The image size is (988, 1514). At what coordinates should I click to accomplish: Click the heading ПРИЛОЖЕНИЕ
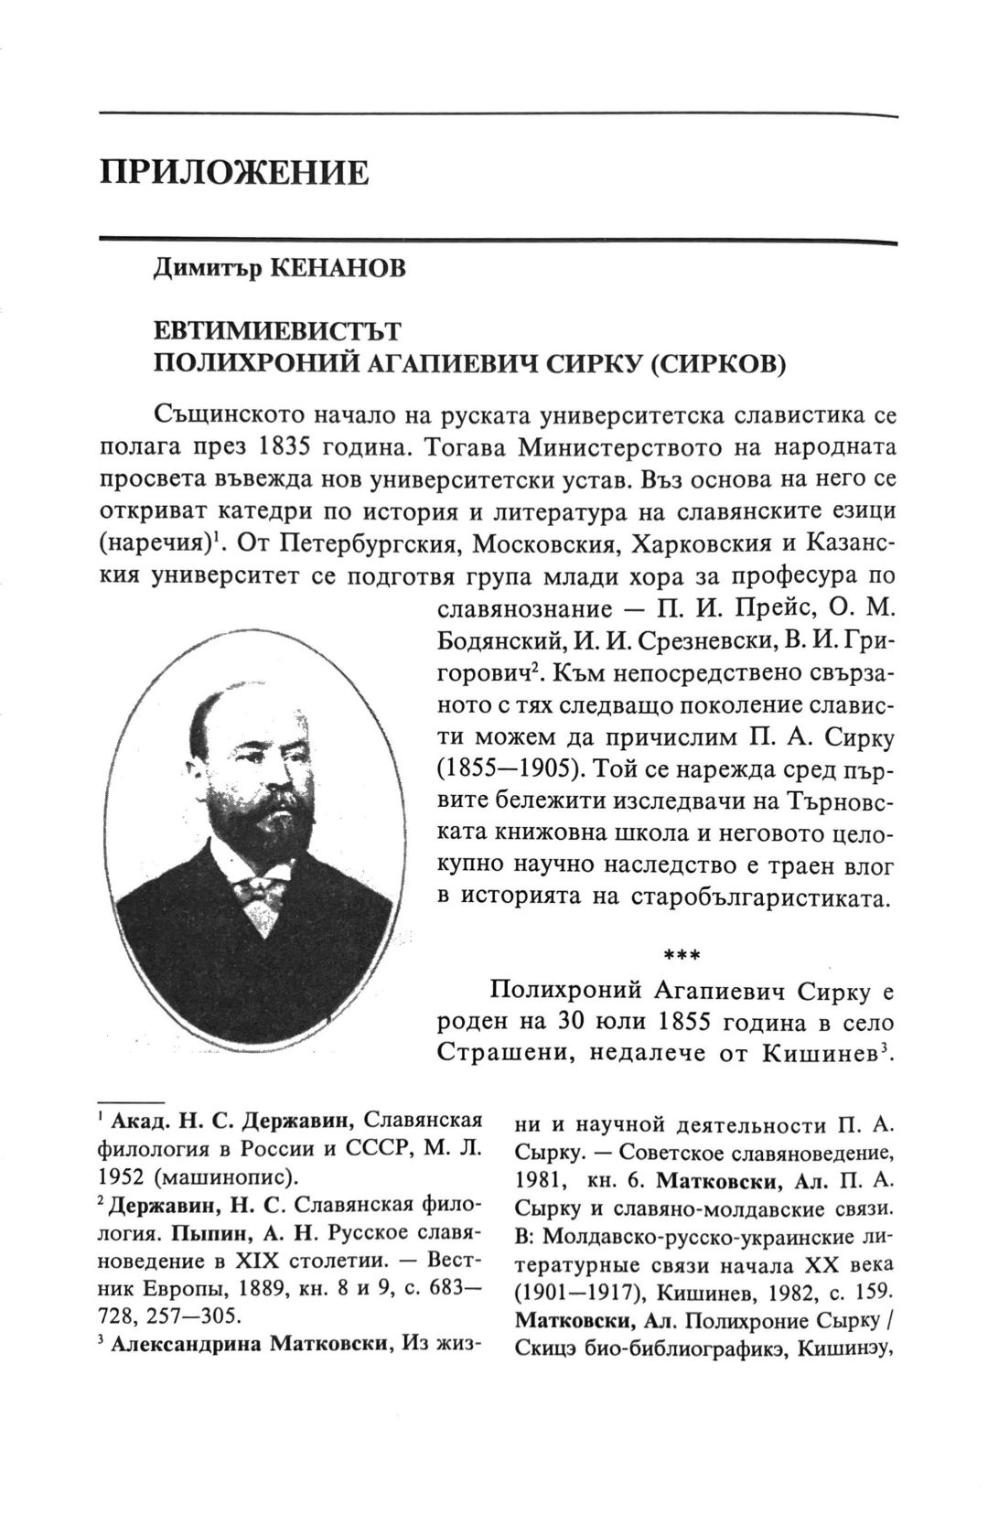(x=235, y=172)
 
